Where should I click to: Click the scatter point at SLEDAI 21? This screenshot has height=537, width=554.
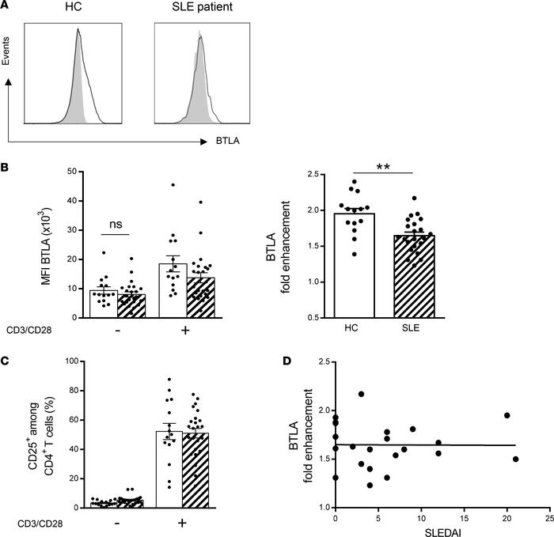[x=515, y=459]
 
